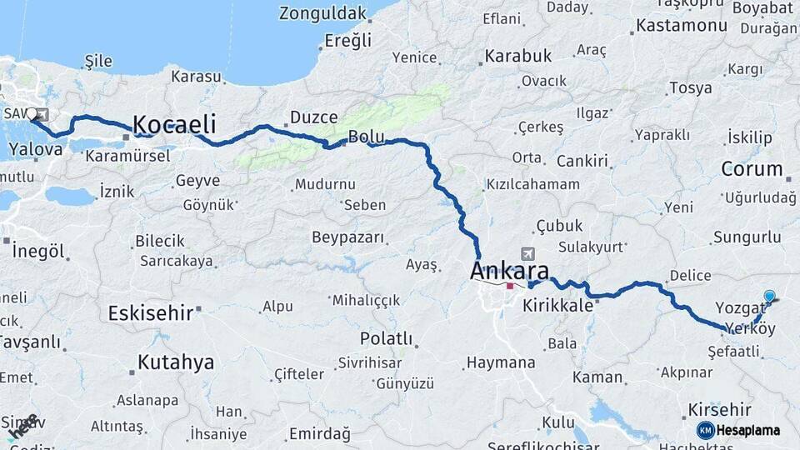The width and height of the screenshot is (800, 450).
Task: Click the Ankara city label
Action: click(509, 271)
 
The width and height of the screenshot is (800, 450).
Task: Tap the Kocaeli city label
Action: click(174, 125)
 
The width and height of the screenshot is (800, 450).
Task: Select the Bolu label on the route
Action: click(366, 136)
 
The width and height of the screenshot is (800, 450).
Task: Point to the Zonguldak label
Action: click(322, 13)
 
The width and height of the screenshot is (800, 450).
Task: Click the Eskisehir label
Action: click(151, 312)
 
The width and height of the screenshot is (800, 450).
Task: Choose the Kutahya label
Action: click(175, 362)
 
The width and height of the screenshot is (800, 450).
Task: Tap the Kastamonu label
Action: click(681, 26)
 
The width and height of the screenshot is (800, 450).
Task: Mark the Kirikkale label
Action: click(557, 306)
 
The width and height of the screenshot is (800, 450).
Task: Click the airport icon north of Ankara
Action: click(527, 253)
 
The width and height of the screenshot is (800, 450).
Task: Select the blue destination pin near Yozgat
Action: click(769, 296)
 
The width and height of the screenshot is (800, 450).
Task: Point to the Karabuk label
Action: click(517, 57)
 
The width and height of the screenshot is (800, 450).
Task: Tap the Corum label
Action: click(752, 169)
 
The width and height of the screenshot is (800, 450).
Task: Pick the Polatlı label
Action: click(386, 338)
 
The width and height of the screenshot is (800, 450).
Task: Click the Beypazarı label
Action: click(348, 237)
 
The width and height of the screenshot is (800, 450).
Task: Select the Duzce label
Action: click(313, 117)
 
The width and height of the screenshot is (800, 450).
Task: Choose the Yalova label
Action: click(35, 150)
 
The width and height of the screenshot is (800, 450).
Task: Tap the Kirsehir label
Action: click(720, 410)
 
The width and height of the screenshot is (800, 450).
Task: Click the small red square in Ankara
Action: click(510, 286)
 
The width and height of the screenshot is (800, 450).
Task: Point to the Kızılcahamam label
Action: click(532, 184)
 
